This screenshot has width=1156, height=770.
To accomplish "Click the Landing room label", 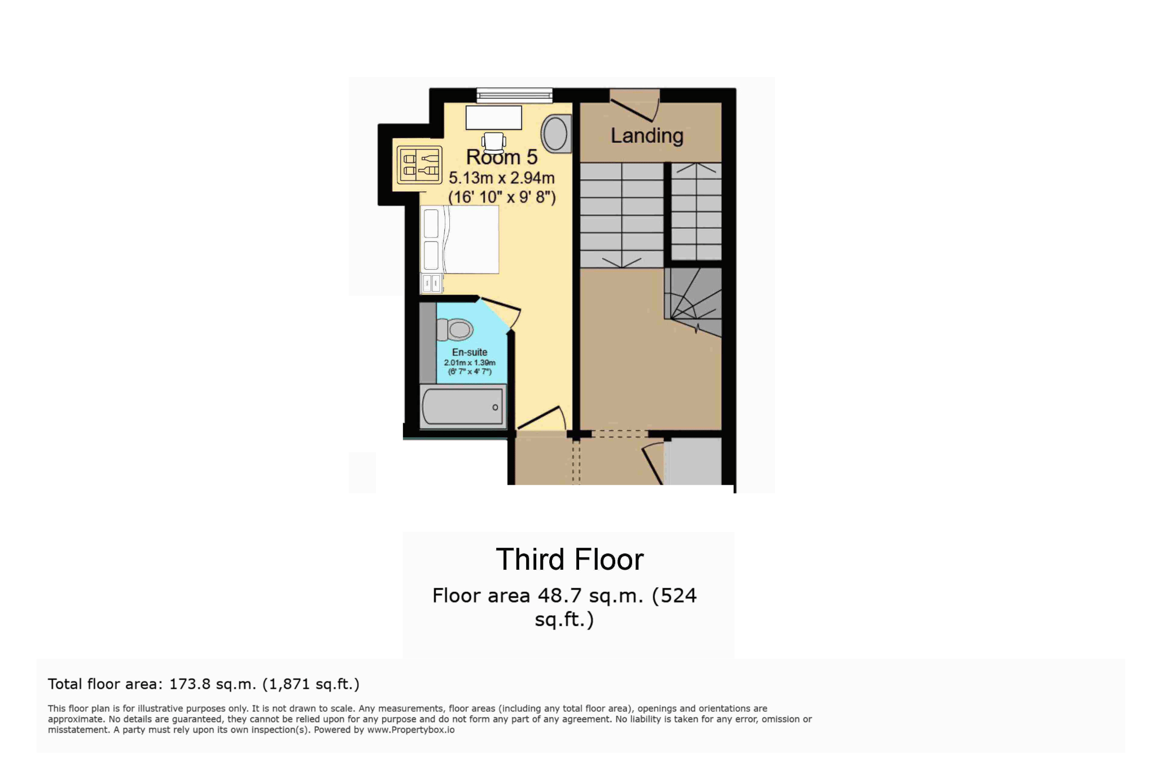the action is (647, 135).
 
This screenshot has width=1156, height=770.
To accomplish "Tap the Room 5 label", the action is (501, 157).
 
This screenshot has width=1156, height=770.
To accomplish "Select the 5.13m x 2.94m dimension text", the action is (501, 178).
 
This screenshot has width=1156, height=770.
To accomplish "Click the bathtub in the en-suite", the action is (463, 406).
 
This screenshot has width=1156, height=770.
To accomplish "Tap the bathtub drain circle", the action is (495, 407).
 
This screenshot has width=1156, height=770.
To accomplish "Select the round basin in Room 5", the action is (555, 134).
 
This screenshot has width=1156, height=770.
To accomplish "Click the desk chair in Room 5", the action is (494, 142).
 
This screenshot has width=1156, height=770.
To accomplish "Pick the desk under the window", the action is (493, 118).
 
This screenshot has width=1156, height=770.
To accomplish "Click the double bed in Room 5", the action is (460, 240).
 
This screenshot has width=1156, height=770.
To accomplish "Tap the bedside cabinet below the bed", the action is (432, 283).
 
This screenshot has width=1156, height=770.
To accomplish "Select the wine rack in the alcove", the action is (419, 165).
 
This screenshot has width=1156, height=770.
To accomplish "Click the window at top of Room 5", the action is (514, 96).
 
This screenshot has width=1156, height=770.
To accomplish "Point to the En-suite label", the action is (470, 352).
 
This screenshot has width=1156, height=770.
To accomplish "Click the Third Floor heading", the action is (570, 560).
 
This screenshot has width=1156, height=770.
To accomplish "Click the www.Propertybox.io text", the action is (411, 730).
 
